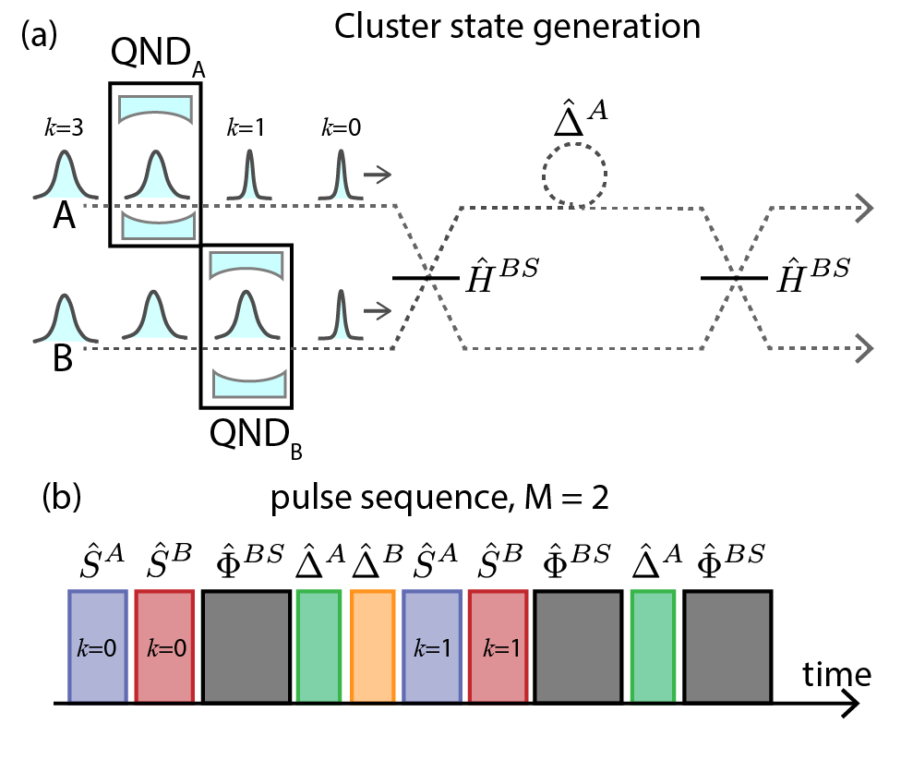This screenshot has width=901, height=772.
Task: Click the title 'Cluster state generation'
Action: tap(517, 28)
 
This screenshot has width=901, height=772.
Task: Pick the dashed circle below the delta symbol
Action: tap(573, 175)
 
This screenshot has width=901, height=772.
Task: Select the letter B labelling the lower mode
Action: tap(63, 358)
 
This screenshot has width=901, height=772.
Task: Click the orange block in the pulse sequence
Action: tap(373, 645)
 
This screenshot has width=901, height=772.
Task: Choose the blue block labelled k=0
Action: tap(97, 645)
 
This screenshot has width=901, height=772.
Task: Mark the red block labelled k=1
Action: tap(499, 645)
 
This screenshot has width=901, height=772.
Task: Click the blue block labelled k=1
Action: tap(433, 645)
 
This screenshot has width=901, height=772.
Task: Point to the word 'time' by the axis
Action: tap(836, 674)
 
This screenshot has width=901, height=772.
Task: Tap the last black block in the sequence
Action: tap(727, 645)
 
